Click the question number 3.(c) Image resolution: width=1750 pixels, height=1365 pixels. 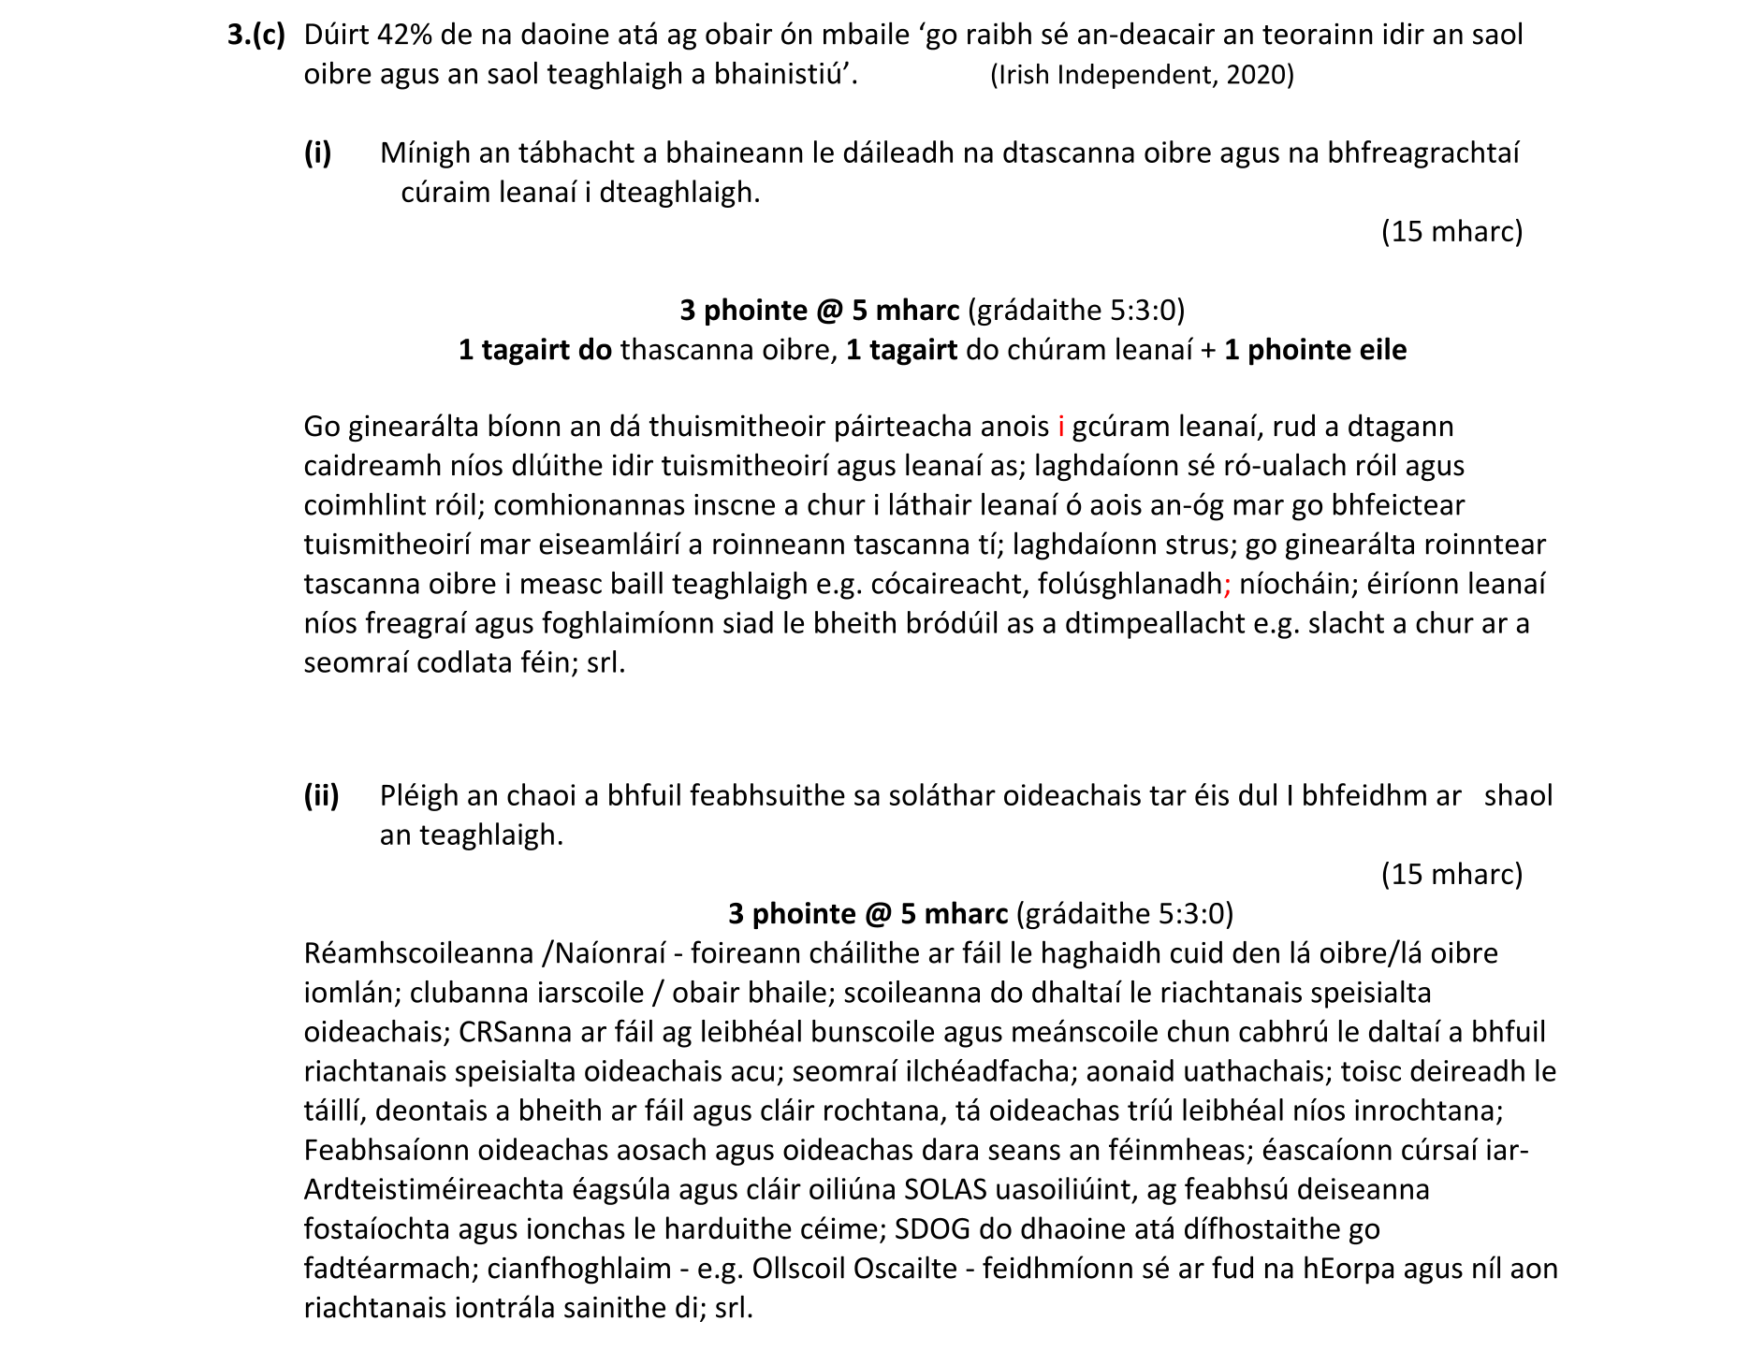[255, 36]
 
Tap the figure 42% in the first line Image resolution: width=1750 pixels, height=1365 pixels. [402, 36]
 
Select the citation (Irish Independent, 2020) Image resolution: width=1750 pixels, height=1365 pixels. [1142, 75]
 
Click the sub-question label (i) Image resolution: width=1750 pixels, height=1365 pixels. [317, 153]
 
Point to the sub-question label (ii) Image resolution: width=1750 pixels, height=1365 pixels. [321, 796]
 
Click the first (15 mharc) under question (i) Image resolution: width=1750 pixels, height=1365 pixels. [1451, 231]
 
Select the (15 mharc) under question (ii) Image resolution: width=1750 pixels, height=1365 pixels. [1451, 875]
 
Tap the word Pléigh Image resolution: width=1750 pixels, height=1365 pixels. [419, 796]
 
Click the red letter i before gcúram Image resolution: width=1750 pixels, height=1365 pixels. [1061, 427]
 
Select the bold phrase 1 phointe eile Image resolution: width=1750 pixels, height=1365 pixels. [1315, 350]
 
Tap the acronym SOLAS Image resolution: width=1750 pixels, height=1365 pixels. [945, 1190]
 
